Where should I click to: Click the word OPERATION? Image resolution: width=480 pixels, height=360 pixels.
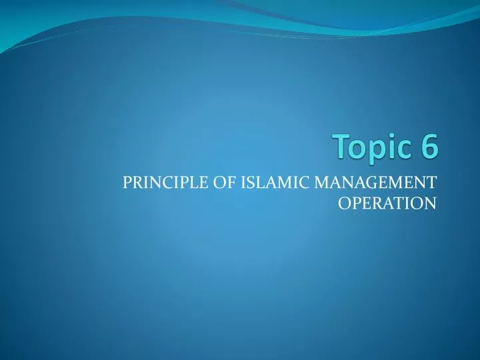pos(387,203)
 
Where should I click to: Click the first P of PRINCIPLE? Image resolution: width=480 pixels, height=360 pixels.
pos(128,182)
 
